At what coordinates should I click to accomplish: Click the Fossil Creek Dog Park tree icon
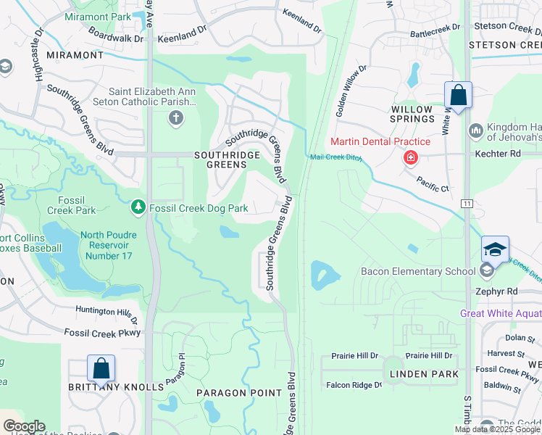(x=138, y=208)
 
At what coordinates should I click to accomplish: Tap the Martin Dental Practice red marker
(x=410, y=157)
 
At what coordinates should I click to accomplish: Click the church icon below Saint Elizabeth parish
(x=175, y=118)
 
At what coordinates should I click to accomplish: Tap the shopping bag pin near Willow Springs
(x=458, y=96)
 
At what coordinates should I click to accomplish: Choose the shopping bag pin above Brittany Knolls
(x=101, y=368)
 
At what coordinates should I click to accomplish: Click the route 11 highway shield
(x=467, y=204)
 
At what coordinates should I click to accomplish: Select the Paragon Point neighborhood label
(x=239, y=393)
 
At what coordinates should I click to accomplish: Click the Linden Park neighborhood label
(x=424, y=374)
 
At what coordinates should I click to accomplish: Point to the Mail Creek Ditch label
(x=335, y=157)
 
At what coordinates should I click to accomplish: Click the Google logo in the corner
(x=23, y=426)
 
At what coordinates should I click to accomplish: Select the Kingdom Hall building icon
(x=476, y=130)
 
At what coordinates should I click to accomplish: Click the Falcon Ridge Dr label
(x=354, y=385)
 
